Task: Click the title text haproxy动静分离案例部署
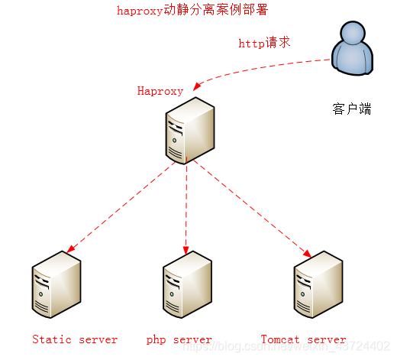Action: (x=192, y=11)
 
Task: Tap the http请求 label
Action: (x=264, y=43)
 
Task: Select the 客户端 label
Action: (x=352, y=109)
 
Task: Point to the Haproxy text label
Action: (x=160, y=91)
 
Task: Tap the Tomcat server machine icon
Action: (x=318, y=286)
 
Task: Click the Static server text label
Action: (x=75, y=339)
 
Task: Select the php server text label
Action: (x=179, y=339)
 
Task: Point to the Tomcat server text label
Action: (x=303, y=339)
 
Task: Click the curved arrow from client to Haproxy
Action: (x=260, y=66)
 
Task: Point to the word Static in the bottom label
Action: (x=51, y=339)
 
